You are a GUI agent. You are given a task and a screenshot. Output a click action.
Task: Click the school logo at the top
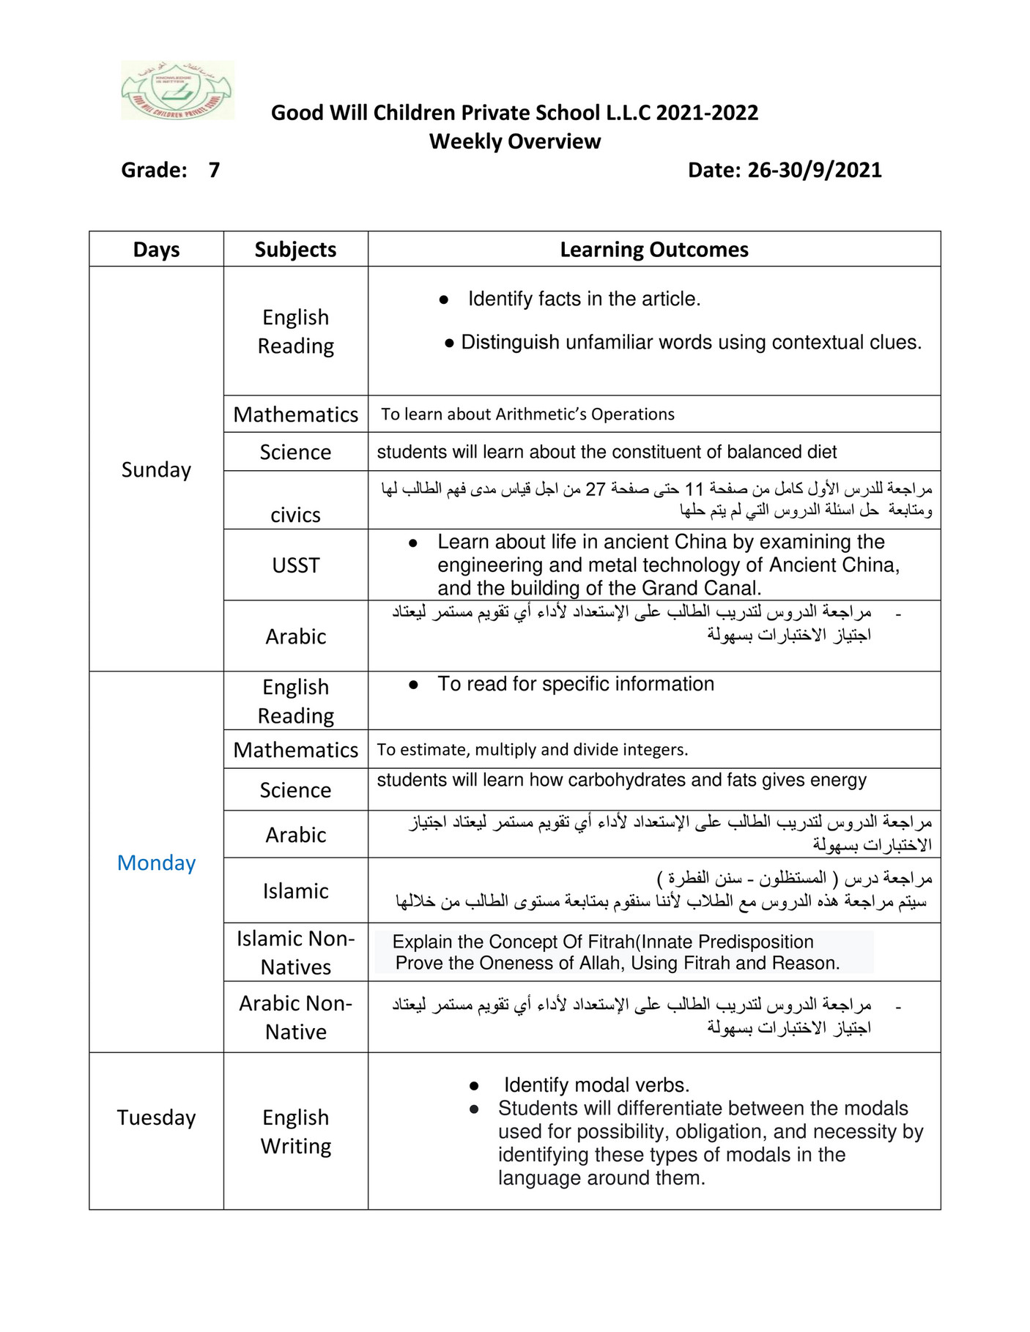coord(177,91)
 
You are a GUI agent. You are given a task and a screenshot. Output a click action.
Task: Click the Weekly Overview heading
coord(514,141)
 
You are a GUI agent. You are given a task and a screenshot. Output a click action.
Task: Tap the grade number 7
coord(214,170)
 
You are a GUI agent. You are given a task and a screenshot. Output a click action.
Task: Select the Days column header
coord(156,250)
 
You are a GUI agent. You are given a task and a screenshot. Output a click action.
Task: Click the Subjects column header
coord(295,250)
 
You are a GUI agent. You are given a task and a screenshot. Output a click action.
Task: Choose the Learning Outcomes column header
coord(653,250)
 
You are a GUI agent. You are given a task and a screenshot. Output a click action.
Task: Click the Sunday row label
coord(156,469)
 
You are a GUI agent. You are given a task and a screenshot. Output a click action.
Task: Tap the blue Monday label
coord(156,863)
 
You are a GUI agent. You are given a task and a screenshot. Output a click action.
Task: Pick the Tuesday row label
coord(156,1117)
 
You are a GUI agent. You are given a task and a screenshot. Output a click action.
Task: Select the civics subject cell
coord(295,515)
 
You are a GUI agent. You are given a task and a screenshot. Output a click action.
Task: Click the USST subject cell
coord(295,565)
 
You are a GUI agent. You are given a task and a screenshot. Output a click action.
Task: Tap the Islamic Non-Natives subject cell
coord(295,953)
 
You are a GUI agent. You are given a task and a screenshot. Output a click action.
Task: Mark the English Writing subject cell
coord(295,1131)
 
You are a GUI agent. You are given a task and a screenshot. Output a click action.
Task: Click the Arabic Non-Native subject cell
coord(295,1017)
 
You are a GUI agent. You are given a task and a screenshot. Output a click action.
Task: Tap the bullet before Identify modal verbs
coord(474,1086)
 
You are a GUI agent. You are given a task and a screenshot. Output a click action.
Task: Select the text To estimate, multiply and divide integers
coord(532,750)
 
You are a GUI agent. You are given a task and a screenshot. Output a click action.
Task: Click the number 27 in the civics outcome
coord(595,489)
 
